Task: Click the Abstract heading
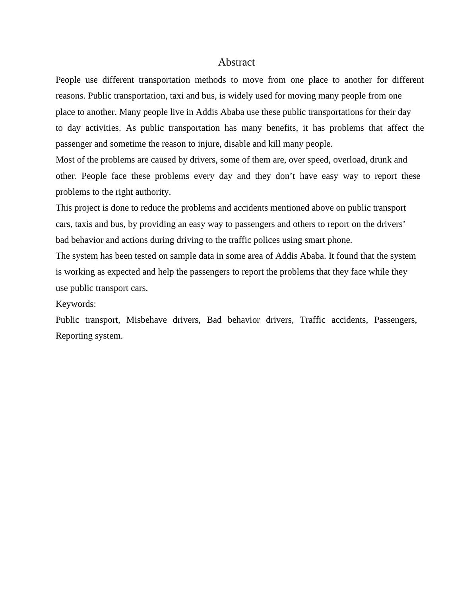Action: (236, 62)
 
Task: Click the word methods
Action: (210, 80)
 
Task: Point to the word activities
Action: (103, 128)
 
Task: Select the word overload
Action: (349, 160)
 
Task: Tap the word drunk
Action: (380, 160)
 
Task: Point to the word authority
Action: (153, 192)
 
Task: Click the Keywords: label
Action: (76, 304)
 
